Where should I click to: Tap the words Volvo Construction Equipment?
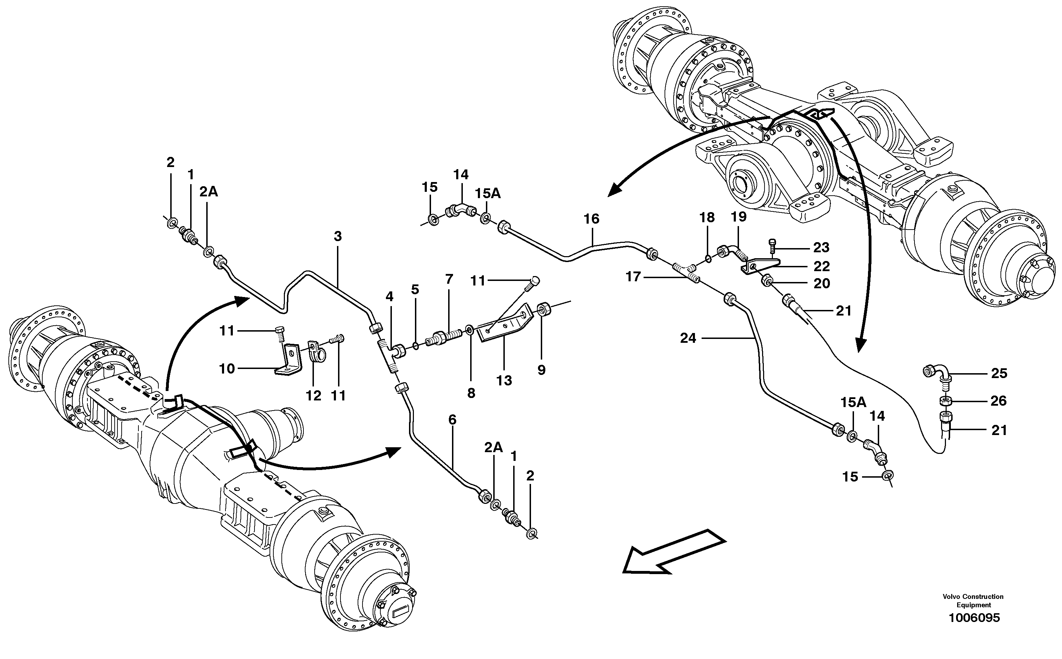973,601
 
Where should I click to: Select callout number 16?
591,218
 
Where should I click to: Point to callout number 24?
688,338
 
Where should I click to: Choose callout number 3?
338,236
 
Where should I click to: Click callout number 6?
452,420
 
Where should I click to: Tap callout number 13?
504,381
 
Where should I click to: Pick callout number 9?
541,370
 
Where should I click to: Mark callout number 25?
999,374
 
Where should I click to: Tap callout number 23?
821,247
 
